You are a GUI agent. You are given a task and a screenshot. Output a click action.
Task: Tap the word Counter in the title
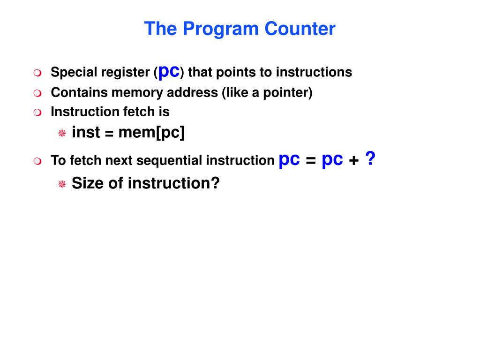300,29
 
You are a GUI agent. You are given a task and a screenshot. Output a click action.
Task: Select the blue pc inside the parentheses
169,71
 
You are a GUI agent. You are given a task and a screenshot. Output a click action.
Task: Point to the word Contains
79,93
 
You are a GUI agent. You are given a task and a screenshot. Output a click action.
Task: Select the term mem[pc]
151,133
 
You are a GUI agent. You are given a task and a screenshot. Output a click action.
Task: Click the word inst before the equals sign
86,133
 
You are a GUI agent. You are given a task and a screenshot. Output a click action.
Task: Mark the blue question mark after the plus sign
370,160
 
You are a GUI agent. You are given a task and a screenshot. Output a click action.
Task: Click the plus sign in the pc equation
354,161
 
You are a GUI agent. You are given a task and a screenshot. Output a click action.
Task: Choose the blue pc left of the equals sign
289,160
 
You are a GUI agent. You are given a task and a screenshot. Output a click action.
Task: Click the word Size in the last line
88,183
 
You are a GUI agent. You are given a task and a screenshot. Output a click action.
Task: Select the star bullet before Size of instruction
62,184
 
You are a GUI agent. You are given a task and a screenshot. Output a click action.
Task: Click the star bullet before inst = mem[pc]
62,134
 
